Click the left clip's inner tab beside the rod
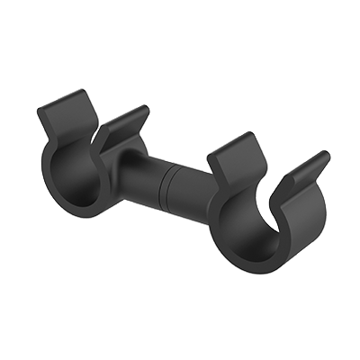point(121,126)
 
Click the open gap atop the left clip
point(90,126)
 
